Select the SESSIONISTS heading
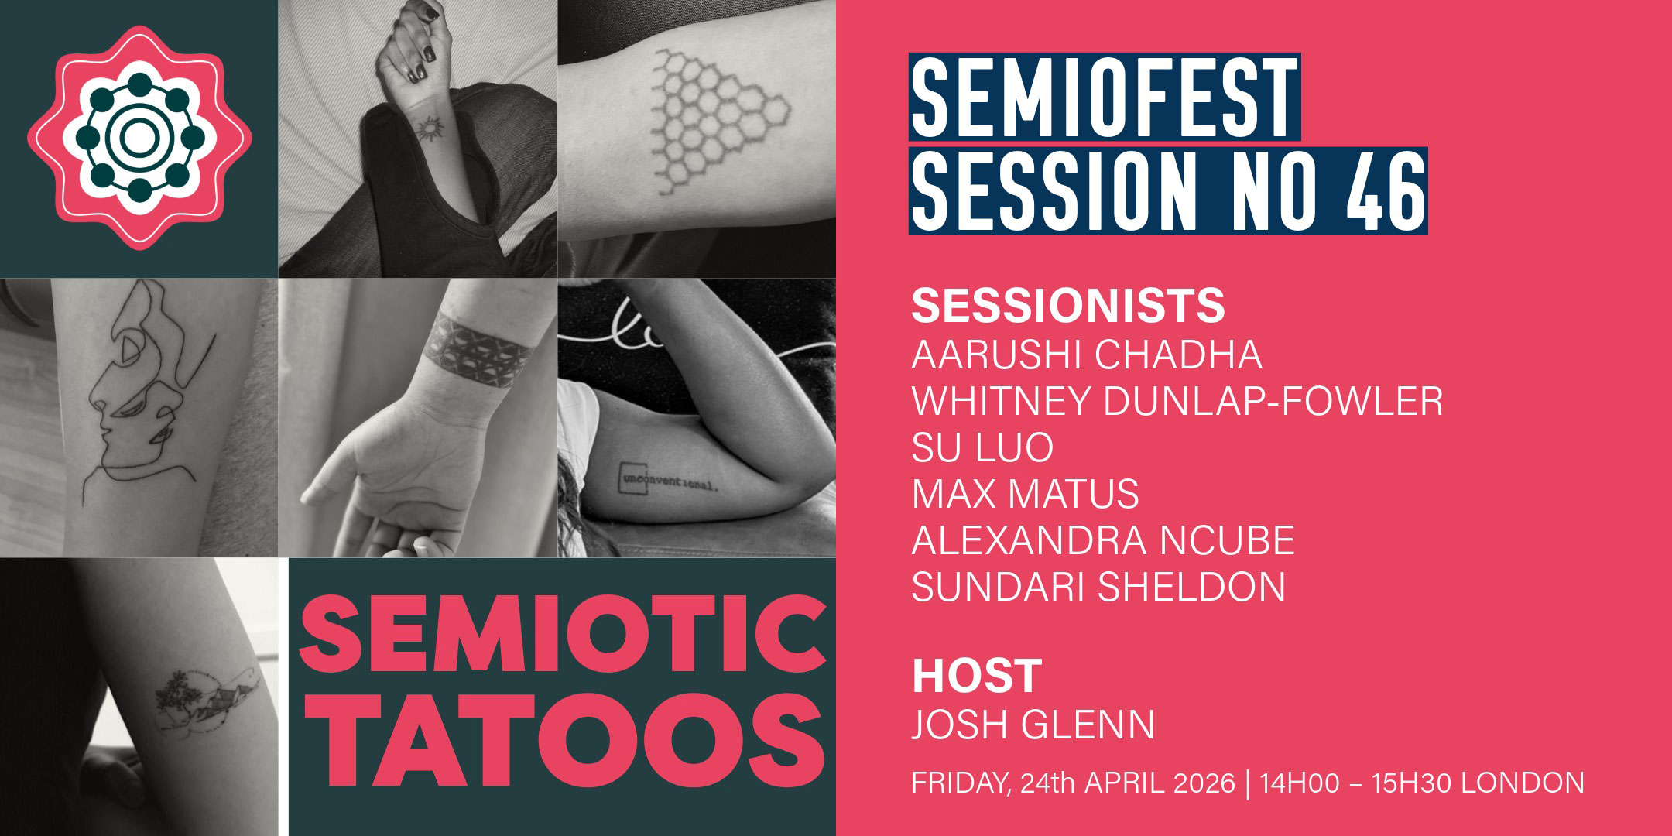pos(1067,306)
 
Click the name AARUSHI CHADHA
pos(1086,355)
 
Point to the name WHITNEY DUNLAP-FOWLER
pos(1177,401)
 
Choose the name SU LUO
pos(982,447)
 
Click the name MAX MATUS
pos(1025,494)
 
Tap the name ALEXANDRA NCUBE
pos(1102,540)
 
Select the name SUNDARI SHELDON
pos(1098,587)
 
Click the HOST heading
pos(976,676)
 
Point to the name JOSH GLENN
pos(1033,725)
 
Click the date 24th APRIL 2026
pos(1127,783)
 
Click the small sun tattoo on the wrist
pos(427,128)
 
